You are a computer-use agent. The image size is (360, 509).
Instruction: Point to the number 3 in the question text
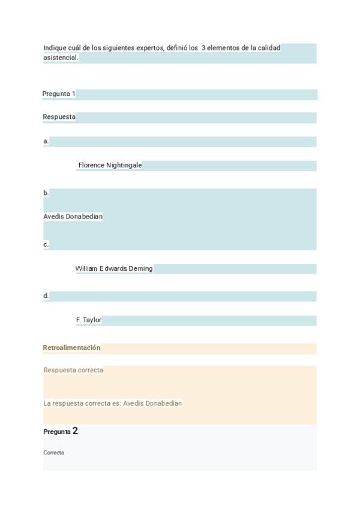click(203, 47)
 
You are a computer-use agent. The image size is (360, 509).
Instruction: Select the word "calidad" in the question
click(269, 47)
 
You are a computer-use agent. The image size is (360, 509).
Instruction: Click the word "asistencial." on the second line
click(61, 58)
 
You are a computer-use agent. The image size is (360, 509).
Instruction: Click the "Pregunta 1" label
click(59, 94)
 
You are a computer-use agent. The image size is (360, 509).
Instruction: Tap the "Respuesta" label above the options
click(59, 117)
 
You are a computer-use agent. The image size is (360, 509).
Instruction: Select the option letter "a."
click(46, 141)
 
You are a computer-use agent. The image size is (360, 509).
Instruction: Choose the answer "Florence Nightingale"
click(110, 165)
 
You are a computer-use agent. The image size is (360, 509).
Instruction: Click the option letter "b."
click(46, 193)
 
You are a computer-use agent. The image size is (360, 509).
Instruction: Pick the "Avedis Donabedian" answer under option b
click(73, 216)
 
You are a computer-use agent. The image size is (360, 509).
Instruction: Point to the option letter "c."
click(46, 244)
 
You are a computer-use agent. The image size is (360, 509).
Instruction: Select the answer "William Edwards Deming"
click(114, 268)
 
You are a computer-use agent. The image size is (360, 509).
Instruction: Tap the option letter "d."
click(46, 296)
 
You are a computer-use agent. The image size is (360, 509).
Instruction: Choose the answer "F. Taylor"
click(89, 320)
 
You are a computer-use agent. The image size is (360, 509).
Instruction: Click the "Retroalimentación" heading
click(71, 348)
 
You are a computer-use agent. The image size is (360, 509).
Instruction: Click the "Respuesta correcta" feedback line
click(73, 370)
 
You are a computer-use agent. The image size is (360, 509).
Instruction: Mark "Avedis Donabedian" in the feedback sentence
click(152, 403)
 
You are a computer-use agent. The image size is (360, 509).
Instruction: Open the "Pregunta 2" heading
click(61, 431)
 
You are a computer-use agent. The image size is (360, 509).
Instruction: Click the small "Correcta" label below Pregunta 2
click(53, 453)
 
